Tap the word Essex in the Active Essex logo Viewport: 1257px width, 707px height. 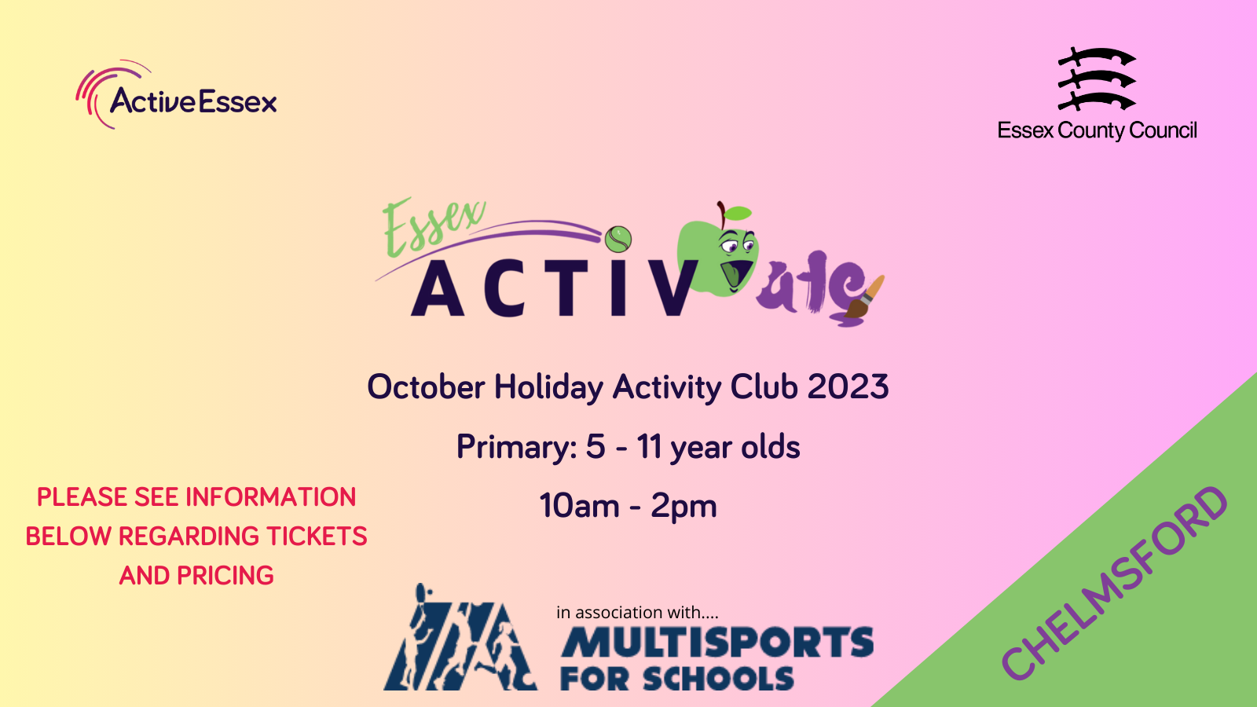[237, 101]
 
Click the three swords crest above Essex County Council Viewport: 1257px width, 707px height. [1097, 79]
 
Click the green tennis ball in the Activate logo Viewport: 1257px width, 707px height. [618, 239]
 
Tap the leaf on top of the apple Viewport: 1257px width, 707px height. [738, 213]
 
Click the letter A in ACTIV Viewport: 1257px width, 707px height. [438, 289]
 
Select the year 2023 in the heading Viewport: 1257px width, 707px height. [848, 386]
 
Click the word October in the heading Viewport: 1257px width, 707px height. [426, 386]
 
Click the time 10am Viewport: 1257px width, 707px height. [579, 506]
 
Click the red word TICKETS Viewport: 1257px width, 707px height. [317, 537]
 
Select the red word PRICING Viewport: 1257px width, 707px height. [225, 576]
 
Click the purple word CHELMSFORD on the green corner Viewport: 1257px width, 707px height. [1115, 584]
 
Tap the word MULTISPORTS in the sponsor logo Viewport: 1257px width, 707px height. [717, 642]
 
